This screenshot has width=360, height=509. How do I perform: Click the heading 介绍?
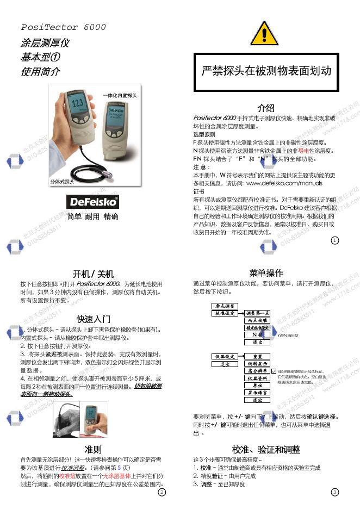click(x=265, y=108)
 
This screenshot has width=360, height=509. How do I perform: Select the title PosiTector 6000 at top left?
click(x=63, y=27)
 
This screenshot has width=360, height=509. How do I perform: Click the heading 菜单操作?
click(x=265, y=273)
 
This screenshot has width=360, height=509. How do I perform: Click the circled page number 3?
click(x=334, y=492)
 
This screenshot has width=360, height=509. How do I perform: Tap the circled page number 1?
click(x=334, y=240)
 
